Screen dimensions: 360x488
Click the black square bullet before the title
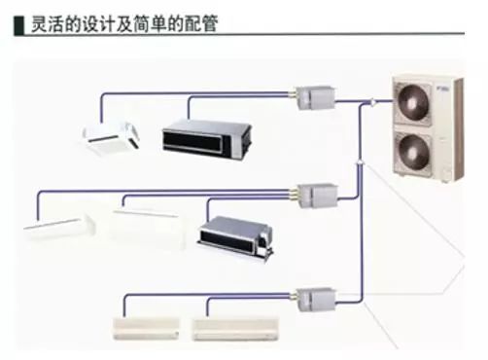point(18,21)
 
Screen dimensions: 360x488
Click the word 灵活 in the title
point(48,21)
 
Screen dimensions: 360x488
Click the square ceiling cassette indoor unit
point(114,138)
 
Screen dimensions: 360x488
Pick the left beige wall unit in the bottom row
point(150,326)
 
